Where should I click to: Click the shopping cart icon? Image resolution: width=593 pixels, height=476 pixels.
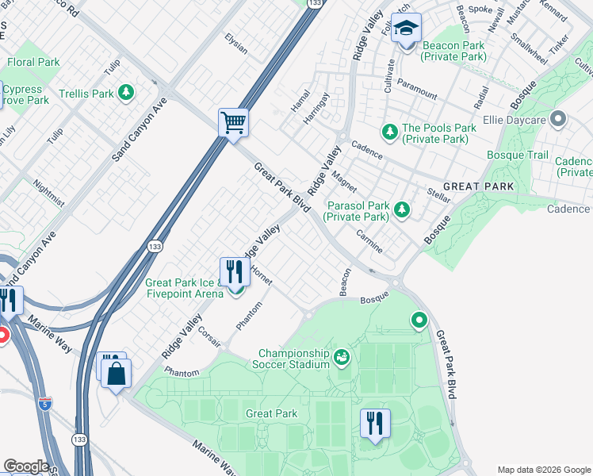pyautogui.click(x=234, y=123)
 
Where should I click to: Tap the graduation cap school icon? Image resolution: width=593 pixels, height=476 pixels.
pyautogui.click(x=407, y=30)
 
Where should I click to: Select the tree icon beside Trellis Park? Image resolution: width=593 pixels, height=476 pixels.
pyautogui.click(x=126, y=94)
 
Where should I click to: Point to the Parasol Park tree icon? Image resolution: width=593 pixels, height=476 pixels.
pyautogui.click(x=403, y=209)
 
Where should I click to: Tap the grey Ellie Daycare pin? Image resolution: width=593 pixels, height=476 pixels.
pyautogui.click(x=558, y=120)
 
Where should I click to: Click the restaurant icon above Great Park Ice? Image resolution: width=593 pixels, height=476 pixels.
pyautogui.click(x=234, y=271)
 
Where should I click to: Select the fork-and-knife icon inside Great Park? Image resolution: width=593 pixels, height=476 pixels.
pyautogui.click(x=374, y=422)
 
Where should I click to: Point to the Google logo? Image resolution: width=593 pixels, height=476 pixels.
pyautogui.click(x=25, y=466)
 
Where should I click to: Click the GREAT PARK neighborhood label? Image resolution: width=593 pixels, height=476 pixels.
pyautogui.click(x=478, y=186)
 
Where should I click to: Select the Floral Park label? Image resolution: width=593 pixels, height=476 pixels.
pyautogui.click(x=33, y=62)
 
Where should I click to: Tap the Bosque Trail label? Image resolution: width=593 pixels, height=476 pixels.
pyautogui.click(x=517, y=155)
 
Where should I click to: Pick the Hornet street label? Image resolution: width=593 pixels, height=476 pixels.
pyautogui.click(x=261, y=276)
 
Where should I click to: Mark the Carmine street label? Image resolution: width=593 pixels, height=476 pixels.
pyautogui.click(x=369, y=244)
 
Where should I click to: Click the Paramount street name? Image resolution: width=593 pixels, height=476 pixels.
pyautogui.click(x=417, y=89)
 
